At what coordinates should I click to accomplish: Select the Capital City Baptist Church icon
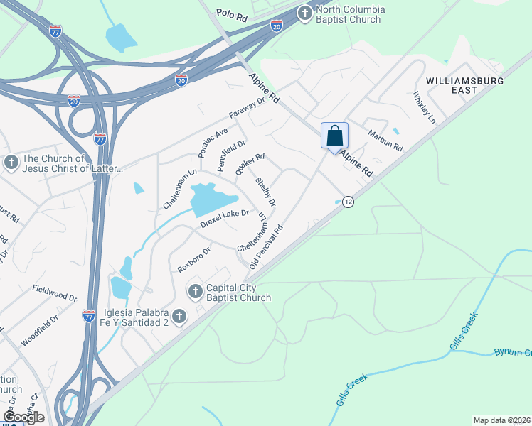(195, 290)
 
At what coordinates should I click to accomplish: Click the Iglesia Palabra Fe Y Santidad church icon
(179, 316)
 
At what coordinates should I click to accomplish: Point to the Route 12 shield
(348, 202)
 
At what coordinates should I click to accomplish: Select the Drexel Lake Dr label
(224, 218)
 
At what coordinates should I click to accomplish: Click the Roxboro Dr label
(194, 259)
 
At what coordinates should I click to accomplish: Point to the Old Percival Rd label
(267, 246)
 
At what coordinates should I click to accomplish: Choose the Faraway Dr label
(246, 107)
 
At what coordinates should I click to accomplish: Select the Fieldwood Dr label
(54, 293)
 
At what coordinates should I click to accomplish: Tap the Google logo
(23, 417)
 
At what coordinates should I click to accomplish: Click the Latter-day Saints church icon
(11, 163)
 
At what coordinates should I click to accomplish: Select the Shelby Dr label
(265, 192)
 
